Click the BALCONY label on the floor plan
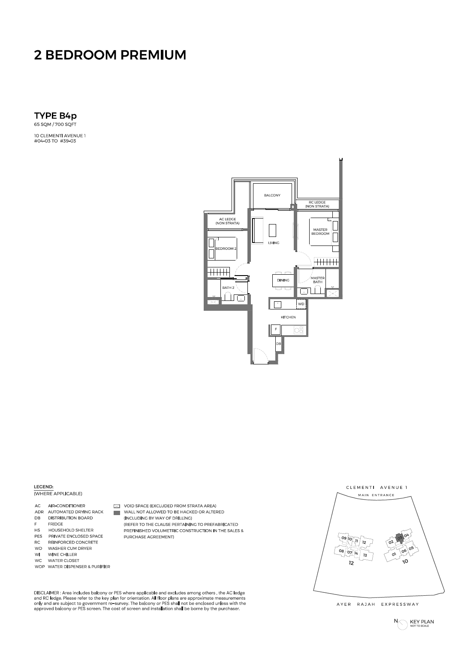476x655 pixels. [272, 195]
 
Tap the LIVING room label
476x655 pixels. [274, 243]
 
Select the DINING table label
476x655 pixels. [283, 280]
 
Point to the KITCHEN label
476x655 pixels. [288, 317]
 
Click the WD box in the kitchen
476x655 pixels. [301, 304]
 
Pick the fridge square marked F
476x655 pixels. [276, 330]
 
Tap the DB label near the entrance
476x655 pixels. [278, 344]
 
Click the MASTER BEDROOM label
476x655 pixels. [320, 232]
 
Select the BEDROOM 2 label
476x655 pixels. [226, 249]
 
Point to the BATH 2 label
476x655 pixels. [228, 288]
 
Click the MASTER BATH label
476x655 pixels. [318, 280]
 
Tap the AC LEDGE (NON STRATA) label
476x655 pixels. [227, 221]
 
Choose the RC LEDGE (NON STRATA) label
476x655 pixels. [317, 204]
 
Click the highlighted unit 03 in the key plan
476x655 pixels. [399, 537]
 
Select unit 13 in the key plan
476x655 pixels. [365, 555]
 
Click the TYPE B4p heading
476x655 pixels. [55, 116]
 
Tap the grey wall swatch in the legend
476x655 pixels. [117, 513]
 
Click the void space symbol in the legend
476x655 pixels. [117, 506]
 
